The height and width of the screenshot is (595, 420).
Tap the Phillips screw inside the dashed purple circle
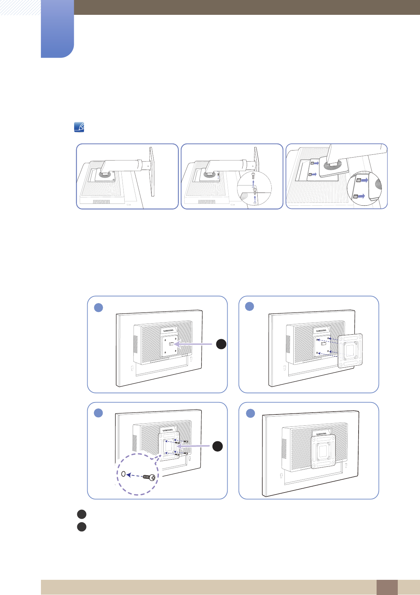coord(150,477)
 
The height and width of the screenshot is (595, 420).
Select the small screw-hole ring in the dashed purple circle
coord(123,474)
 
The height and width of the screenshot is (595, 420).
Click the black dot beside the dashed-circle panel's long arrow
coord(217,446)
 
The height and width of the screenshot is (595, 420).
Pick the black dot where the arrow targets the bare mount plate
coord(221,344)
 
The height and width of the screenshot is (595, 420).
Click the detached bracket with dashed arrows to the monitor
coord(350,351)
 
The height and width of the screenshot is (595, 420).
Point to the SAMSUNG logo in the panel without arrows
coord(321,434)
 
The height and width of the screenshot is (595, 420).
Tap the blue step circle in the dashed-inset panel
coord(98,413)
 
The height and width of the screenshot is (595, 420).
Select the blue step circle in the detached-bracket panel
coord(250,306)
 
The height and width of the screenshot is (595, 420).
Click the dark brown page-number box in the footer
coord(387,587)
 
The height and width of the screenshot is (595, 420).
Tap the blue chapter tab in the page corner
coord(57,29)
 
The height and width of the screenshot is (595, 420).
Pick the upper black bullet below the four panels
coord(82,514)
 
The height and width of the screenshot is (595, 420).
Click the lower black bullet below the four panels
coord(82,527)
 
